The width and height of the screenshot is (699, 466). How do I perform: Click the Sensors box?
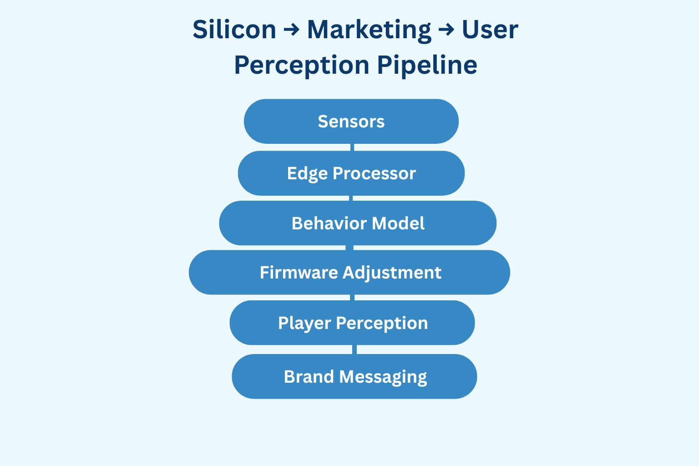(x=351, y=122)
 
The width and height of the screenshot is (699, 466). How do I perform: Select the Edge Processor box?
(x=351, y=173)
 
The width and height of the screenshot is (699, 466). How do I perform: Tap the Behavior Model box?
(x=358, y=223)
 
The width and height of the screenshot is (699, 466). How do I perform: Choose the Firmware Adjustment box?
(x=349, y=273)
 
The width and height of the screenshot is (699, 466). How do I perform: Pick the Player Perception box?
(x=352, y=323)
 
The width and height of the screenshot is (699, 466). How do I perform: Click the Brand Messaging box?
(x=355, y=377)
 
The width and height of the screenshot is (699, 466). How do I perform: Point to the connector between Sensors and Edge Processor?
(x=352, y=147)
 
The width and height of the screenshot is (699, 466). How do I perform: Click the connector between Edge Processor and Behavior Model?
(x=351, y=198)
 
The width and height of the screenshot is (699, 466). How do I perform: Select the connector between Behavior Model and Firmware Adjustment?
(x=349, y=248)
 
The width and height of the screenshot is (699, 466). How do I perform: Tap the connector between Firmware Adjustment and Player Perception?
(x=352, y=298)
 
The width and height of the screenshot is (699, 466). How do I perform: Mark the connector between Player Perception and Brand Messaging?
(x=354, y=349)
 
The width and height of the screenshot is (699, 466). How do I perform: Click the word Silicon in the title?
(x=234, y=30)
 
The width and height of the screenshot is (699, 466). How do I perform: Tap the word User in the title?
(x=490, y=30)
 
